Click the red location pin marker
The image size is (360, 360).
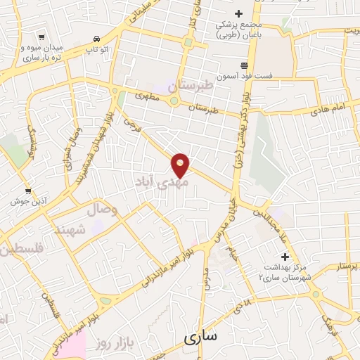pos(181,165)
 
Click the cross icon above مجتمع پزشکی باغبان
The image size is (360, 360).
pos(238,13)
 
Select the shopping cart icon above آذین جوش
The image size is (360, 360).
pos(27,191)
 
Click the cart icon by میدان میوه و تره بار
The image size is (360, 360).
pos(43,37)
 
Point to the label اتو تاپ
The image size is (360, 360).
pos(96,51)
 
